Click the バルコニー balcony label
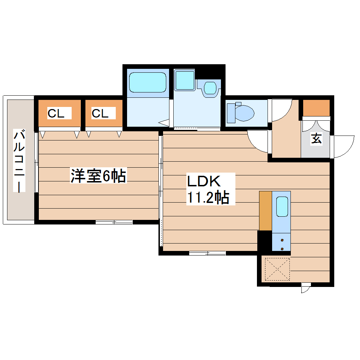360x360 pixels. point(19,161)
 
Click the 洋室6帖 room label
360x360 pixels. point(98,176)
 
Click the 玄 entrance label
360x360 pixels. point(316,139)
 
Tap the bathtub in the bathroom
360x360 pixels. point(147,82)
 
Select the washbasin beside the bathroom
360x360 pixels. point(210,87)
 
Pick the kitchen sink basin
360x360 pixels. point(282,206)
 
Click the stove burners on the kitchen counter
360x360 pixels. point(282,244)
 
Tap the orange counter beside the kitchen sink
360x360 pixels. point(265,211)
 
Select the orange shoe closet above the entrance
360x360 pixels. point(317,108)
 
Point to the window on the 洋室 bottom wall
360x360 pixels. point(114,222)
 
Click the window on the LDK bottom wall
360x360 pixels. point(207,253)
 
